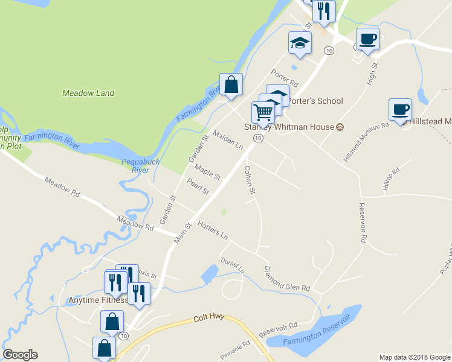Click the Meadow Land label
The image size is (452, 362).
[88, 94]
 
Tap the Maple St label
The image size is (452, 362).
[207, 174]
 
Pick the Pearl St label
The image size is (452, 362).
[198, 187]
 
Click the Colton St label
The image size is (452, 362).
[249, 180]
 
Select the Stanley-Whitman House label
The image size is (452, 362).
[289, 127]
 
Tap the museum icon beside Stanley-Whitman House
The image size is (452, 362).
[340, 127]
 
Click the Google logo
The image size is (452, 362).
[21, 355]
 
